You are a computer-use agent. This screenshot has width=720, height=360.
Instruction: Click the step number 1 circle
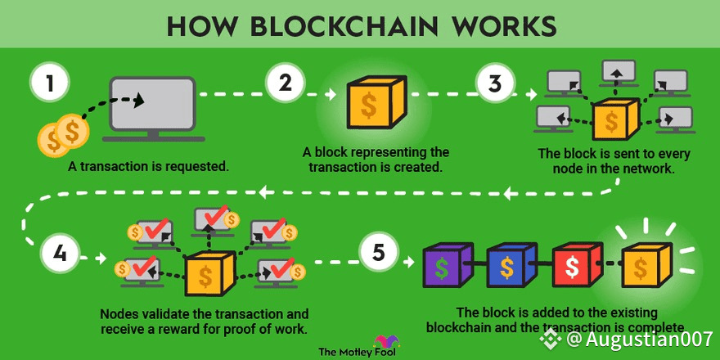click(x=50, y=84)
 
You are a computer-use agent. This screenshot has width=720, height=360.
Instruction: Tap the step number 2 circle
click(x=286, y=83)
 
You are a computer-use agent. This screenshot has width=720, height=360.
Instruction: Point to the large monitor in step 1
click(x=152, y=110)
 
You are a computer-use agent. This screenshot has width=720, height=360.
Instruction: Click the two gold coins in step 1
click(x=62, y=134)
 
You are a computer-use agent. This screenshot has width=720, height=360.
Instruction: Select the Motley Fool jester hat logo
click(x=386, y=342)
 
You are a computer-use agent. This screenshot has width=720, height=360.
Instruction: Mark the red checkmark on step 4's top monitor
click(x=217, y=214)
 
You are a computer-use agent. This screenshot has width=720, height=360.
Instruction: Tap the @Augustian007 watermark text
click(x=639, y=340)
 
